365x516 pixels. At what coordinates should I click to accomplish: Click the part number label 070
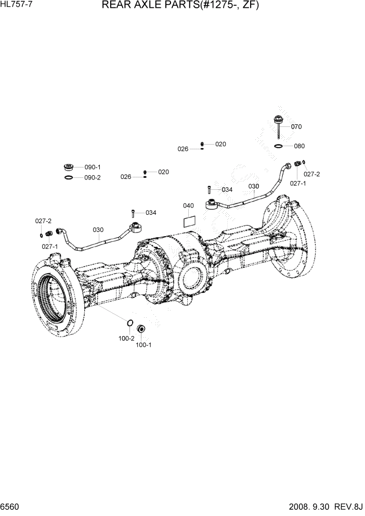tap(296, 126)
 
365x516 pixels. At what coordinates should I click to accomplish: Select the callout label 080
tap(299, 146)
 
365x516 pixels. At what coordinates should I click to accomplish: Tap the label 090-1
tap(93, 167)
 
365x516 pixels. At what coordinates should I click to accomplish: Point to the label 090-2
tap(93, 177)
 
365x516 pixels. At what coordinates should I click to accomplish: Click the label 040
tap(188, 206)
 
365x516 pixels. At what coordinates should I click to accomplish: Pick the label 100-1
tap(144, 344)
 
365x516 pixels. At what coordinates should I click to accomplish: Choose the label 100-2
tap(126, 338)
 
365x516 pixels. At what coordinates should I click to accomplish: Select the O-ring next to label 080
tap(279, 147)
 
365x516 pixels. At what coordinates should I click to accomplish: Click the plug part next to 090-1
tap(68, 167)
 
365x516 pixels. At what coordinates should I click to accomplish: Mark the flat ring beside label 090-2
tap(68, 178)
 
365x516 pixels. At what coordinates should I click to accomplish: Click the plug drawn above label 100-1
tap(140, 330)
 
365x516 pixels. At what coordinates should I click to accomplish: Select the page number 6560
tap(10, 507)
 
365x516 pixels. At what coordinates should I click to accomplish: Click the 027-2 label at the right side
tap(312, 174)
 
